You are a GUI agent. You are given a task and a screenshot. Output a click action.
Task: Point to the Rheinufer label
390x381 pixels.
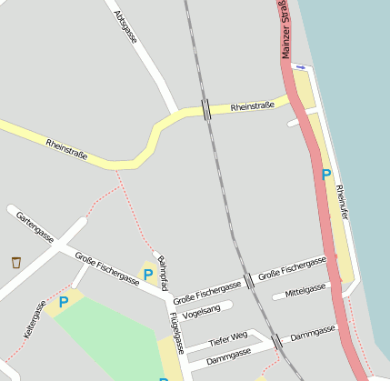342,202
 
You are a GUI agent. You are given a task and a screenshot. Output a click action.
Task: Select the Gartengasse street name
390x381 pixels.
35,227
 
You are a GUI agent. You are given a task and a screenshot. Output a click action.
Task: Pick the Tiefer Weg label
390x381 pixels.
227,340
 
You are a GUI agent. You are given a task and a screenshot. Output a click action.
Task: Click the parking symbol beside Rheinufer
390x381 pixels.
325,174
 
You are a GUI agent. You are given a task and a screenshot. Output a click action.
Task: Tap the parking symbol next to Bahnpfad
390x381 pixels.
148,274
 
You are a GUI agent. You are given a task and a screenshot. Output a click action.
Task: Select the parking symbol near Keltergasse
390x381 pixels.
64,301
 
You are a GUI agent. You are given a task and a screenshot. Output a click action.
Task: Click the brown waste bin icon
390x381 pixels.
16,263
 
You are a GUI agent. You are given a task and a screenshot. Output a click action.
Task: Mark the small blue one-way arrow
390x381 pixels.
301,67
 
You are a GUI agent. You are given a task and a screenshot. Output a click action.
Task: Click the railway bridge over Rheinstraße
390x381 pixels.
207,110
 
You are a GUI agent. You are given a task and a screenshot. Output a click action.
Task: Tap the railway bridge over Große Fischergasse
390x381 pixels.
248,281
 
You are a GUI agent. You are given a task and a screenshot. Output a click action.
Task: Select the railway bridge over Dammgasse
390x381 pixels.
277,341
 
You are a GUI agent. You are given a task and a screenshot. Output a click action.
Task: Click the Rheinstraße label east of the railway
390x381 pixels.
253,106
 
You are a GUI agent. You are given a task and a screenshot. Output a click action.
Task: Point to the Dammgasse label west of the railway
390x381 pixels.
228,355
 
